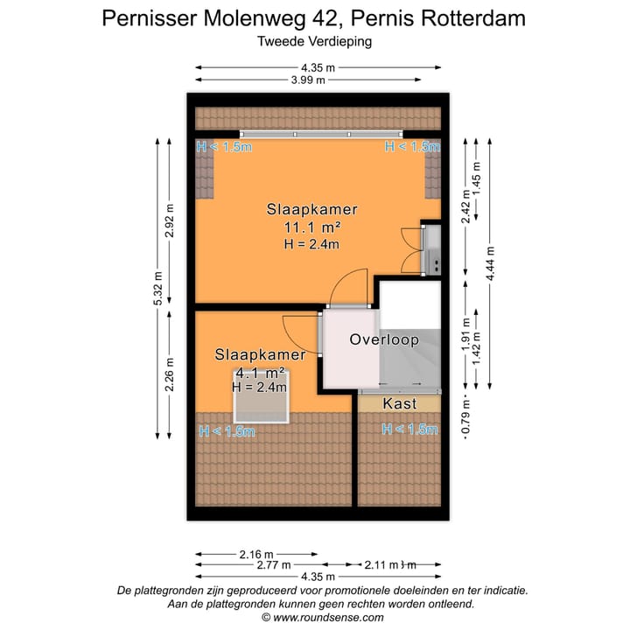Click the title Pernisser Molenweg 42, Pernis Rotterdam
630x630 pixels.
314,18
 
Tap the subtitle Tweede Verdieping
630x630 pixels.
314,40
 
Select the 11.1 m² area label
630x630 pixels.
311,227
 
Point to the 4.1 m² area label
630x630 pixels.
261,372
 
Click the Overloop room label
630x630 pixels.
383,339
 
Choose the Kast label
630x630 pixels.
400,403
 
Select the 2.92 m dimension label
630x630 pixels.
171,221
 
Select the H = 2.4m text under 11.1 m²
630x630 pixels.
311,244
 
